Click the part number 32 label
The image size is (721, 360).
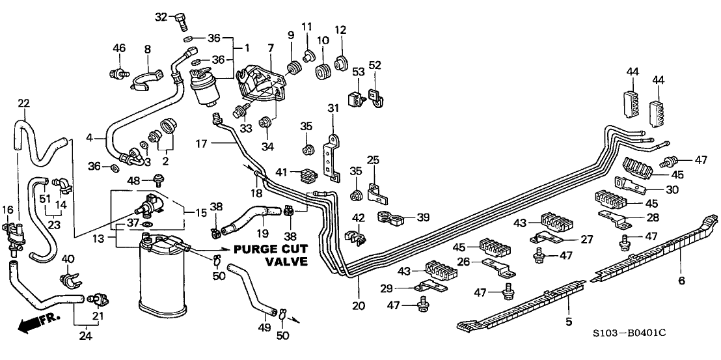(161, 15)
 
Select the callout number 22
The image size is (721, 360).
(23, 104)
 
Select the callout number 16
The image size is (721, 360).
(8, 210)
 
